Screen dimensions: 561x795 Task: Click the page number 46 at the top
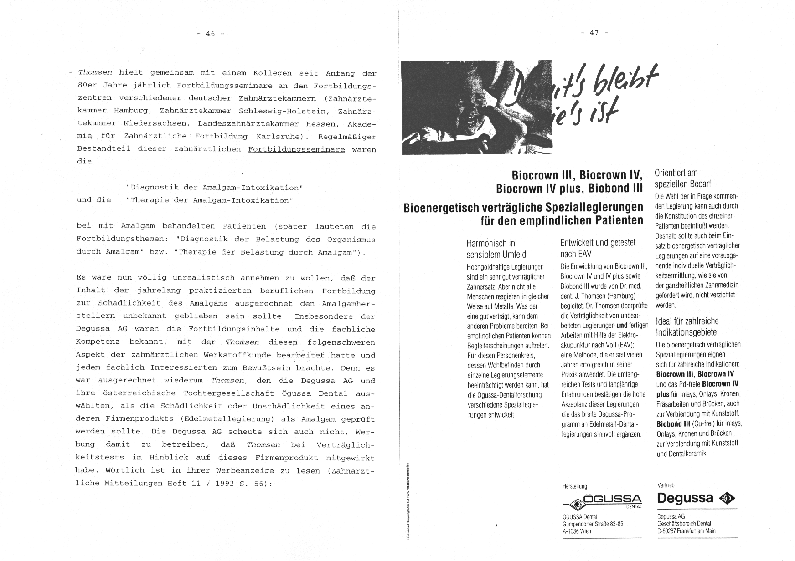[210, 33]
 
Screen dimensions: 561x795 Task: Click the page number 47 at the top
[594, 32]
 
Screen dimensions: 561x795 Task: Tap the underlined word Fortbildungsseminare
[296, 149]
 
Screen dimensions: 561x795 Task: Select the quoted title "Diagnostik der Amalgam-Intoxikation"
[214, 188]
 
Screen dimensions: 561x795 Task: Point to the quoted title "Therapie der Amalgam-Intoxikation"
[209, 200]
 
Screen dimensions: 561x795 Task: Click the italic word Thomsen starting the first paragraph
[95, 72]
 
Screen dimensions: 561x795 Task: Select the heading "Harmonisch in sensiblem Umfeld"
[496, 249]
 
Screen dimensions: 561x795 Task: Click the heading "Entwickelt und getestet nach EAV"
[598, 248]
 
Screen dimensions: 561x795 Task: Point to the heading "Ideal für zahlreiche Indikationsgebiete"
[687, 326]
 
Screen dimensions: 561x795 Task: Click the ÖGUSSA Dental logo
[602, 502]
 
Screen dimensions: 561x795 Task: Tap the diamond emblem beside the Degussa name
[727, 499]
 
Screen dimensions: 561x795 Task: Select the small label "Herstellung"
[574, 486]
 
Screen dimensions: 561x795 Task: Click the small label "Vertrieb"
[666, 485]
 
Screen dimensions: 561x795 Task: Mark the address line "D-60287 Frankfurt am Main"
[686, 531]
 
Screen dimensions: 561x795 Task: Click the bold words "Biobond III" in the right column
[672, 423]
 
